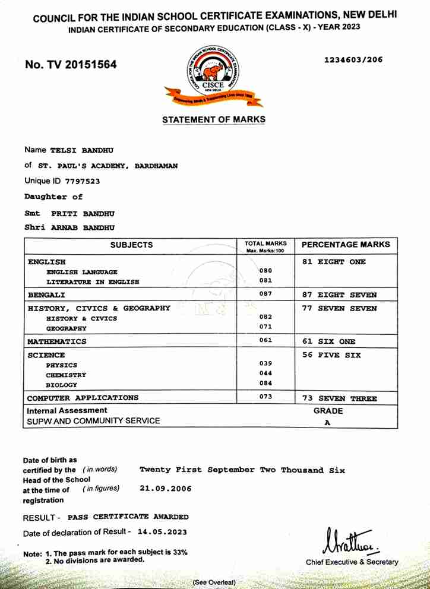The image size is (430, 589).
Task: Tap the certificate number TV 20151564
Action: pyautogui.click(x=71, y=64)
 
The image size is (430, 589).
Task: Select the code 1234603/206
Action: pyautogui.click(x=353, y=59)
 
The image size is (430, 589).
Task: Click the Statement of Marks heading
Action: pyautogui.click(x=214, y=120)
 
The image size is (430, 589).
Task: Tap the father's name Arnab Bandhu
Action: pyautogui.click(x=83, y=227)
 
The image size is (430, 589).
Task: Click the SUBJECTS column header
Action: pyautogui.click(x=131, y=245)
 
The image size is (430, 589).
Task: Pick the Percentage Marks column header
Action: pyautogui.click(x=346, y=244)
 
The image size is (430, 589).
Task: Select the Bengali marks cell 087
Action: pyautogui.click(x=265, y=293)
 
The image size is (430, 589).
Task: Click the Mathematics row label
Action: pyautogui.click(x=56, y=341)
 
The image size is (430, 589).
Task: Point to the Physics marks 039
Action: pyautogui.click(x=265, y=363)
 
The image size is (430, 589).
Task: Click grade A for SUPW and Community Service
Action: pyautogui.click(x=327, y=422)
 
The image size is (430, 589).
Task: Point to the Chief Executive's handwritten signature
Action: pyautogui.click(x=350, y=541)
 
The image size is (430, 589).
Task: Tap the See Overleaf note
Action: pyautogui.click(x=214, y=582)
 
